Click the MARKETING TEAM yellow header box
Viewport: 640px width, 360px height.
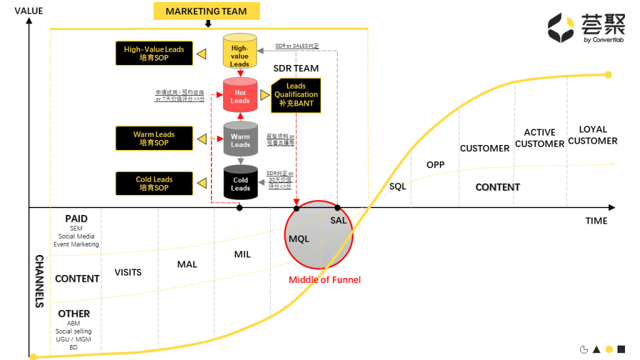(x=206, y=11)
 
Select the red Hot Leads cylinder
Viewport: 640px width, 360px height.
(x=240, y=97)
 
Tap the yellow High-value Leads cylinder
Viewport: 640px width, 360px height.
(x=240, y=51)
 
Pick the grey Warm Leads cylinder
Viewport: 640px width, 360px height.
(x=240, y=140)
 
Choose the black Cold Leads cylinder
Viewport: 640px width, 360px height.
(x=240, y=183)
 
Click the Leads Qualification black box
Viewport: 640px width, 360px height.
(x=296, y=95)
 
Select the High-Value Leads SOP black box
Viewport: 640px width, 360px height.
(x=154, y=54)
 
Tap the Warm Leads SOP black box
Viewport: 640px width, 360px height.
(x=154, y=138)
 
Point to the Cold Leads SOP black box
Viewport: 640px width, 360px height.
(x=154, y=183)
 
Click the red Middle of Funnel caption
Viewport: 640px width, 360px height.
(x=324, y=279)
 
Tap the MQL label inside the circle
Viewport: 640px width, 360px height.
(x=299, y=239)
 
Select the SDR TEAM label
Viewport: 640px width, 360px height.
(x=296, y=68)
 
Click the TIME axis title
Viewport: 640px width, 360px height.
(x=596, y=221)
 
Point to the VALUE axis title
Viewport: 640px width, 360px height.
(x=28, y=11)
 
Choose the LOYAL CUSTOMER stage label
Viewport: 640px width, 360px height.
(x=592, y=135)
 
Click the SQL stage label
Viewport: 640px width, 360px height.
(x=397, y=186)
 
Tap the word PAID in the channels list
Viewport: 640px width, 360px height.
(x=76, y=219)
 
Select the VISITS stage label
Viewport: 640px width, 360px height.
(x=127, y=272)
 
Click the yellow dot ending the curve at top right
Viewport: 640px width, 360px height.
(x=608, y=75)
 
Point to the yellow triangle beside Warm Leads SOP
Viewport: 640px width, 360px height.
(x=201, y=138)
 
